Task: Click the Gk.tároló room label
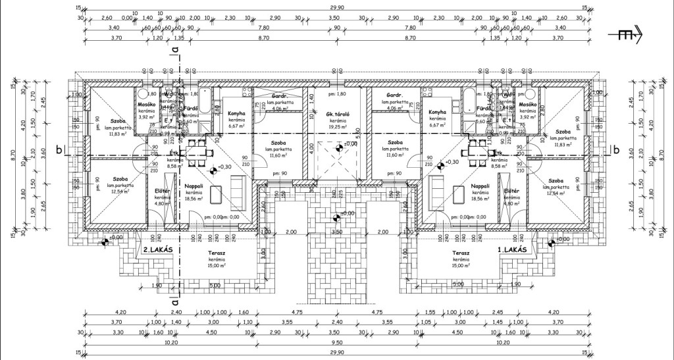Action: [x=337, y=114]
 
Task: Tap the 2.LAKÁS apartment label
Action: [x=158, y=251]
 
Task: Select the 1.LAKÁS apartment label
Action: [x=514, y=251]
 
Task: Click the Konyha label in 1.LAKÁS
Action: [x=436, y=113]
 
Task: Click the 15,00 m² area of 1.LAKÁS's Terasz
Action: [x=460, y=265]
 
